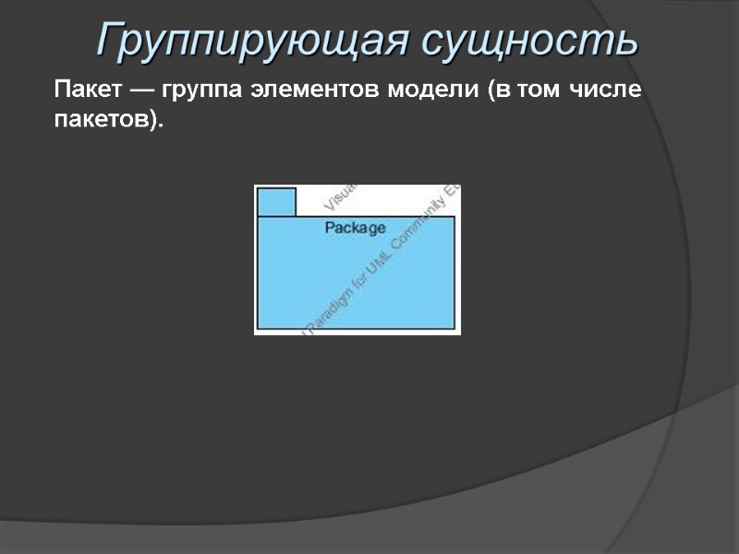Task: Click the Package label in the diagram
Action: (356, 227)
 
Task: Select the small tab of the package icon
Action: (276, 201)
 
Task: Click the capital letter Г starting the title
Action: (111, 41)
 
